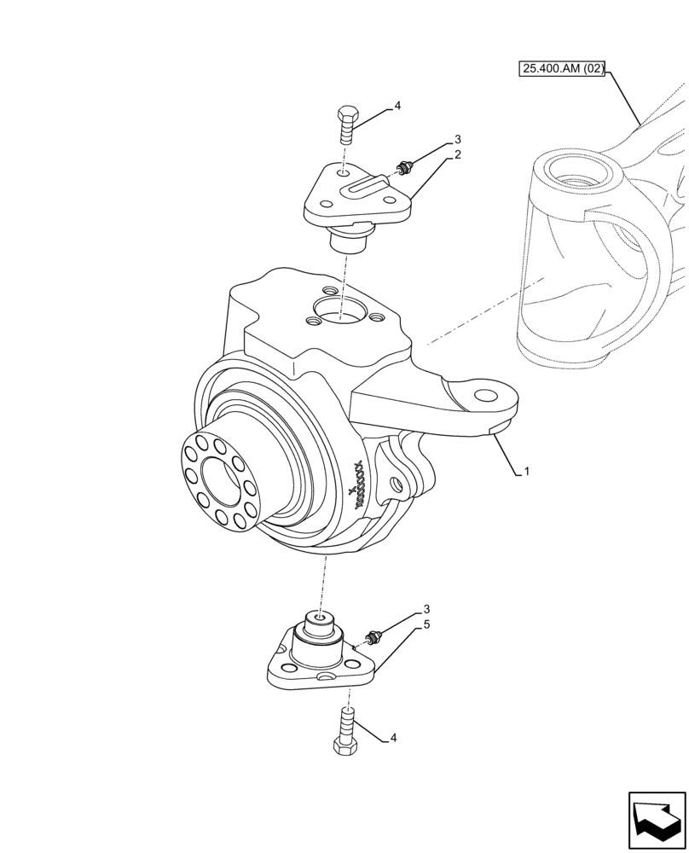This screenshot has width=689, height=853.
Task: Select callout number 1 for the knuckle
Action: pos(527,471)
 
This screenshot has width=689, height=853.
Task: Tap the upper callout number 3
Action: pos(458,139)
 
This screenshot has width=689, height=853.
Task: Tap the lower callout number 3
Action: pos(426,610)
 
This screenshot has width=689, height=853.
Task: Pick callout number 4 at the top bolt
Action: pos(397,107)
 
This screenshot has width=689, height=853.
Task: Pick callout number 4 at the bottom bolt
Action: pos(392,738)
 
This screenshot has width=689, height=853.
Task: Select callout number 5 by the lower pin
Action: pos(426,625)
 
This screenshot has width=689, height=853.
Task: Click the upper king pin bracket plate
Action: pos(358,198)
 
